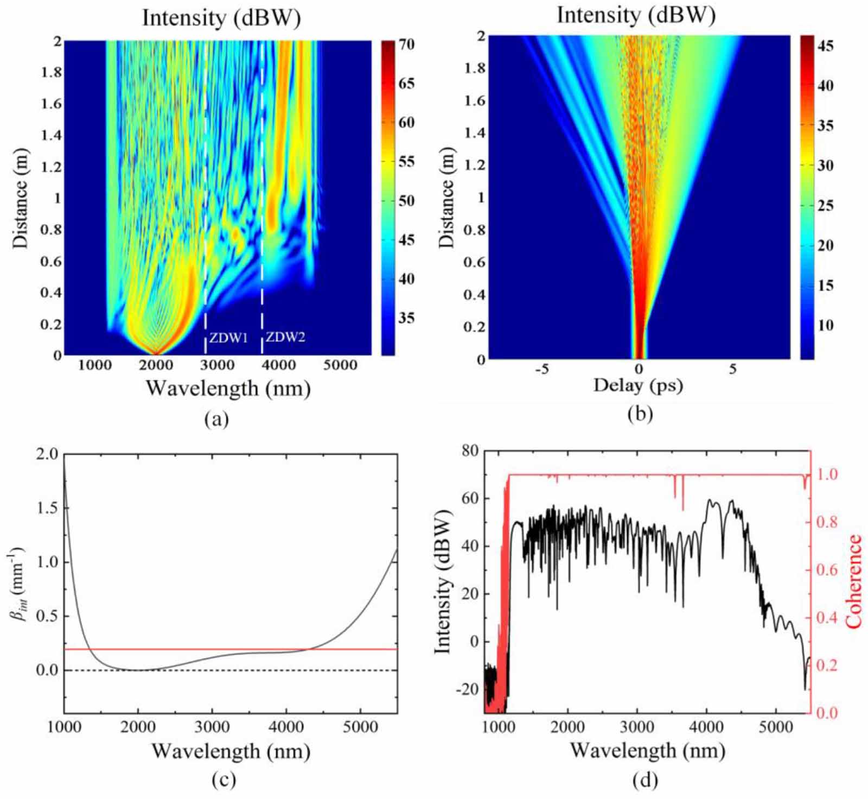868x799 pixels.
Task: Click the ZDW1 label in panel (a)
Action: (228, 338)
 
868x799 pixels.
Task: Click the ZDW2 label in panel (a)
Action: (285, 337)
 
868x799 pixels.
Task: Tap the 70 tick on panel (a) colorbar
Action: (407, 45)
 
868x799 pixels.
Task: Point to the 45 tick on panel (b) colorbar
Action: (825, 46)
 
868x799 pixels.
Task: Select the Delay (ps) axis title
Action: (638, 386)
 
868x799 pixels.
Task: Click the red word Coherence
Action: (854, 581)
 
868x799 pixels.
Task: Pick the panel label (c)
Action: (224, 780)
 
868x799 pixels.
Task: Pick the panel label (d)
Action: (645, 780)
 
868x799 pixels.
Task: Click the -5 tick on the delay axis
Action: (542, 370)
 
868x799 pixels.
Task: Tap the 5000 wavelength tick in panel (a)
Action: (340, 365)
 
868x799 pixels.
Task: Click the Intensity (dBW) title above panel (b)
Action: (636, 15)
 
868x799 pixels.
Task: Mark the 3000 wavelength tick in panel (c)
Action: (212, 727)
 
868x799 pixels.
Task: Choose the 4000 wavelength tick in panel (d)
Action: (706, 727)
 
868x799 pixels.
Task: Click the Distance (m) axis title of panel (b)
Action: (447, 198)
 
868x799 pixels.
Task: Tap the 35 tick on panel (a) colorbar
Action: (407, 318)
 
